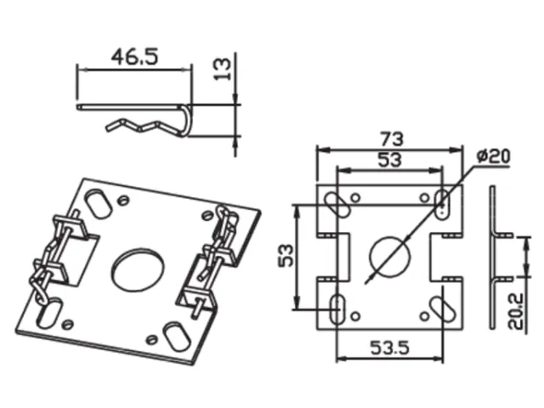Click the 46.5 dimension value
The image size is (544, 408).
(134, 58)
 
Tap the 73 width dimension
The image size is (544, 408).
(392, 138)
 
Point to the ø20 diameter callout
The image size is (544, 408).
(493, 156)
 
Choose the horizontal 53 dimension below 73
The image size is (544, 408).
(390, 159)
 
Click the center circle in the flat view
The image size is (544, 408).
(389, 254)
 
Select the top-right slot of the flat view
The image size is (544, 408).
(441, 201)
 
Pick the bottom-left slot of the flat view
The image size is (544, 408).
(337, 308)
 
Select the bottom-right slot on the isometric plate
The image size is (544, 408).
(173, 334)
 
